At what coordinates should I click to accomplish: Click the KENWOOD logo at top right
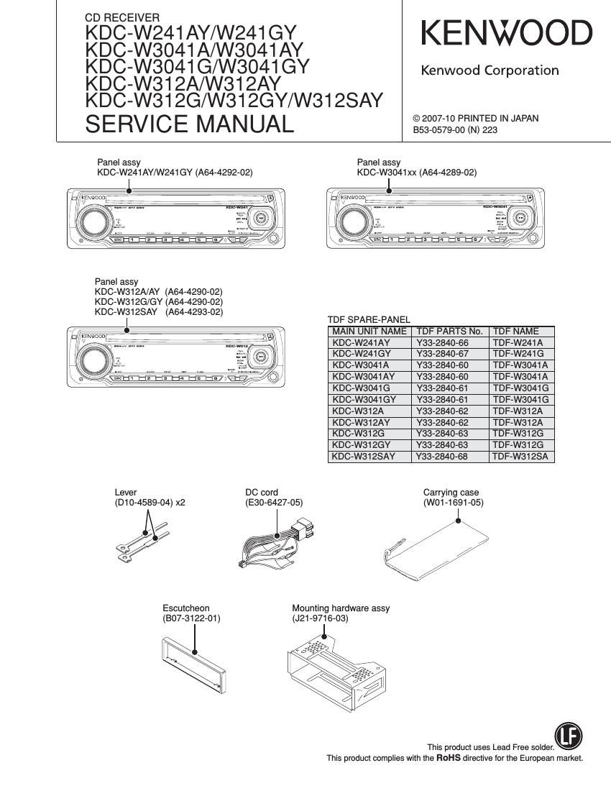[506, 34]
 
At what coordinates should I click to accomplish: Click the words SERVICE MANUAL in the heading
[190, 124]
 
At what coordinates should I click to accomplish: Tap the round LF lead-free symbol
[569, 736]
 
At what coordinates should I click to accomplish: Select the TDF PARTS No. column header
[449, 332]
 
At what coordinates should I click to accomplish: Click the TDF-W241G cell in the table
[518, 354]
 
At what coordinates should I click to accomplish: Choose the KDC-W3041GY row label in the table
[364, 399]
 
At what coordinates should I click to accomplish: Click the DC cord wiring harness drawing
[277, 546]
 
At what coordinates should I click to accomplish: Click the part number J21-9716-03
[320, 618]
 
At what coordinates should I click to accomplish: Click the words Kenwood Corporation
[489, 70]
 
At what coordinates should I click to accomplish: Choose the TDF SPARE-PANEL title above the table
[369, 319]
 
